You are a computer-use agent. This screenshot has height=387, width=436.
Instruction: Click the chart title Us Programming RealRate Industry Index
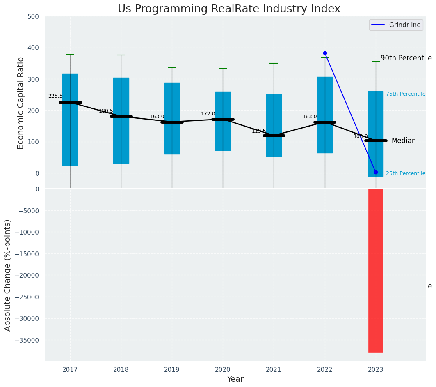coord(229,9)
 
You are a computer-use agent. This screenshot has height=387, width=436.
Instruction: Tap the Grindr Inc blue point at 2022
coord(325,53)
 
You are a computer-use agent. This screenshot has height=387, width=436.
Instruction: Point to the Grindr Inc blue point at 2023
coord(376,172)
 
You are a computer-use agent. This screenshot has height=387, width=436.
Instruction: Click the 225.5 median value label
coord(55,96)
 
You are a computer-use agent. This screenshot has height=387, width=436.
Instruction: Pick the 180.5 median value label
coord(106,111)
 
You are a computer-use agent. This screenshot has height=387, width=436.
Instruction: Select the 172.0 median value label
coord(208,114)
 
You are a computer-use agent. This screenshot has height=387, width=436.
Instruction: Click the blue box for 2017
coord(70,120)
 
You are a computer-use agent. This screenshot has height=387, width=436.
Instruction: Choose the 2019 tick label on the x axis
coord(172,369)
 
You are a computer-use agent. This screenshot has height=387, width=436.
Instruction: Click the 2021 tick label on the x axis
coord(274,369)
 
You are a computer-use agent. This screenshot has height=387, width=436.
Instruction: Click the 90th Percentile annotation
coord(406,58)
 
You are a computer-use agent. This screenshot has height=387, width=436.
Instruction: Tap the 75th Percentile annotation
coord(406,94)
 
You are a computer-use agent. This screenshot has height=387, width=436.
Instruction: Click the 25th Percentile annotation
coord(406,173)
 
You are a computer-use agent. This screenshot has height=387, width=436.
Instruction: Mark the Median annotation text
coord(404,141)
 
